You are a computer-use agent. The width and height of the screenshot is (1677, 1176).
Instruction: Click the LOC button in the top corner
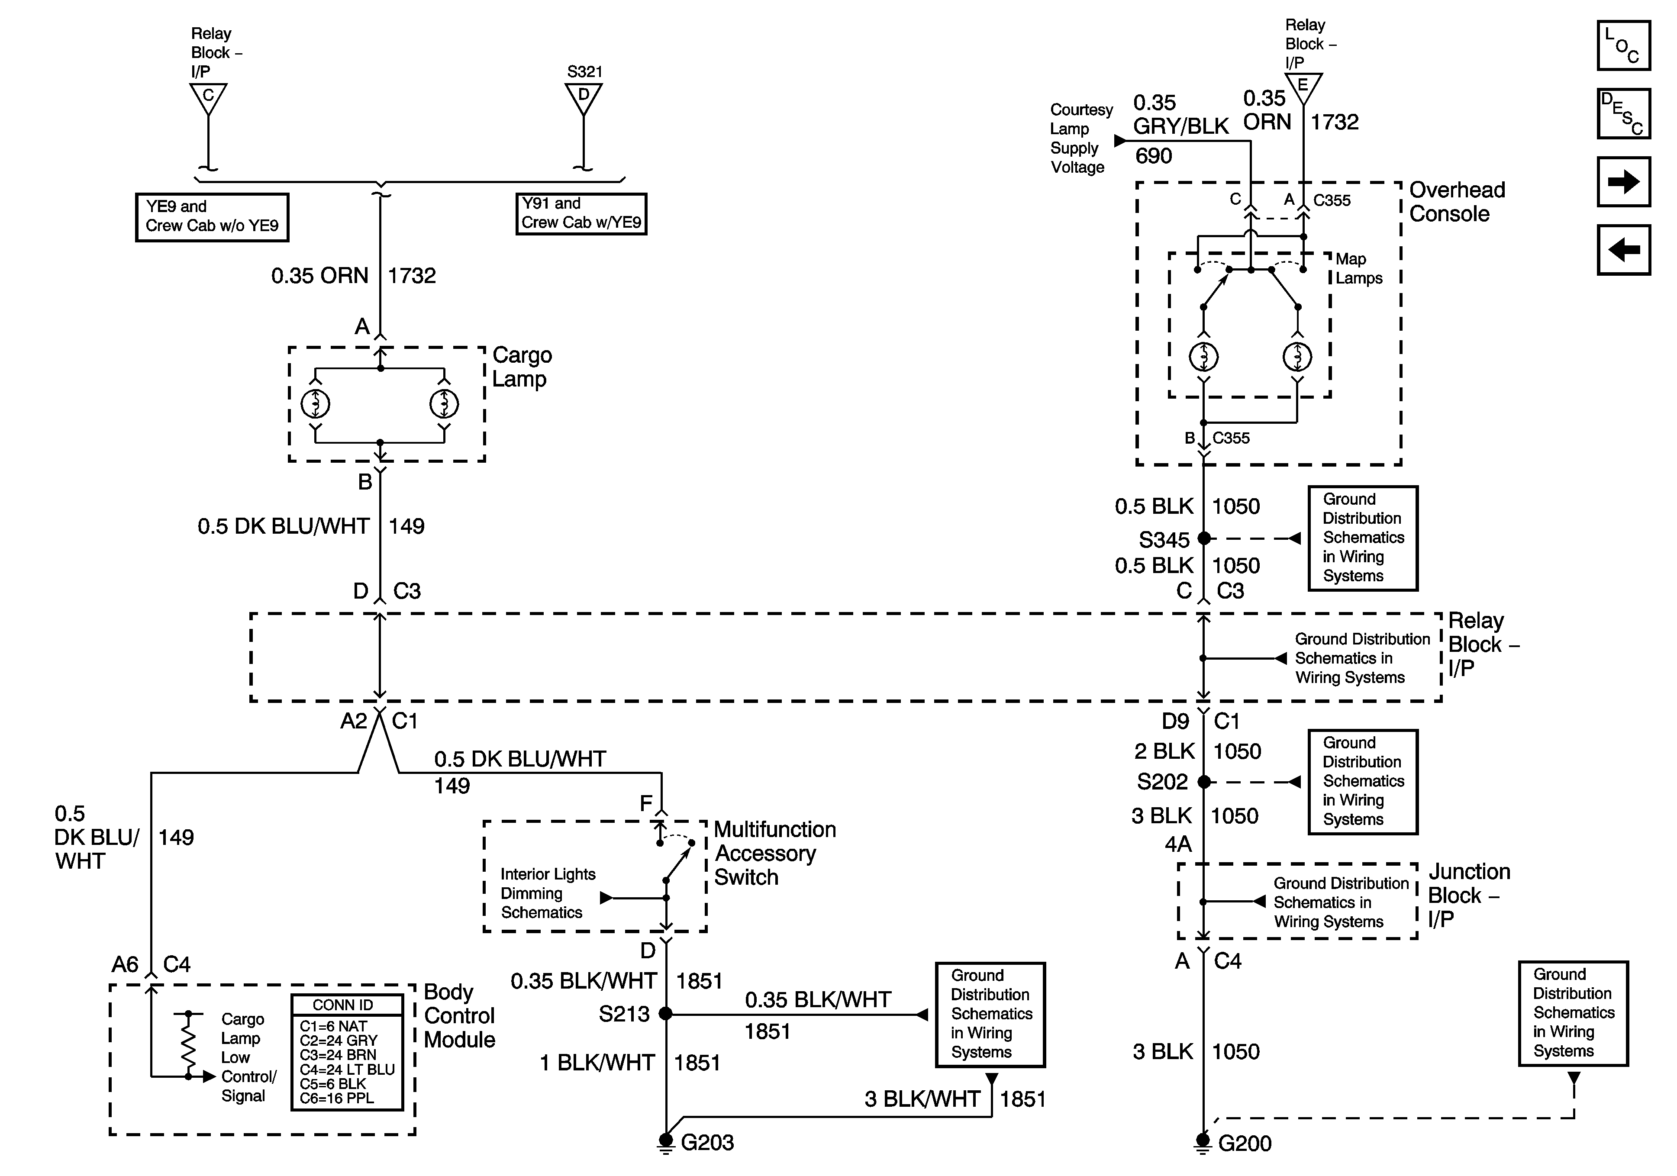[1623, 46]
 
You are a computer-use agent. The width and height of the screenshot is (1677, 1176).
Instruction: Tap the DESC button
[1623, 114]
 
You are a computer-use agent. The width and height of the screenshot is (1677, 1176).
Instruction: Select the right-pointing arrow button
[1623, 182]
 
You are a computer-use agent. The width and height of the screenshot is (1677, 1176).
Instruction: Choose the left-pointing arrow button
[1623, 250]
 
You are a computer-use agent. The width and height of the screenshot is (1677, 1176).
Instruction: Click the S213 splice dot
[665, 1014]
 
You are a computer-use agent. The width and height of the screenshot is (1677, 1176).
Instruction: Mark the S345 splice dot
[1204, 539]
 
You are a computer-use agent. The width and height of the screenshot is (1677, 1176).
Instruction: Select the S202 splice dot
[1204, 782]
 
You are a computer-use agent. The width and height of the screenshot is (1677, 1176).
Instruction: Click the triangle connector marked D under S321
[584, 96]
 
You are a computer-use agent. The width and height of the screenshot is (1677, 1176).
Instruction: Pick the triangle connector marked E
[1303, 86]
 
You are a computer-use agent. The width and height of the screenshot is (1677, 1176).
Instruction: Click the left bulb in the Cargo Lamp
[316, 404]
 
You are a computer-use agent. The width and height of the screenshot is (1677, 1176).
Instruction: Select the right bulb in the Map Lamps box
[1297, 357]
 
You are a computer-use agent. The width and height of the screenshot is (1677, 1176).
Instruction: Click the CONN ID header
[342, 1005]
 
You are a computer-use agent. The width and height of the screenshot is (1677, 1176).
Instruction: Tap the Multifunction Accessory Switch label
[774, 853]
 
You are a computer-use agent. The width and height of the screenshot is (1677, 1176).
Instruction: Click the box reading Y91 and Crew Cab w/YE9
[581, 213]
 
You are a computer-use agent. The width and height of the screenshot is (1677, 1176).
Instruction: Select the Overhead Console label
[1456, 202]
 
